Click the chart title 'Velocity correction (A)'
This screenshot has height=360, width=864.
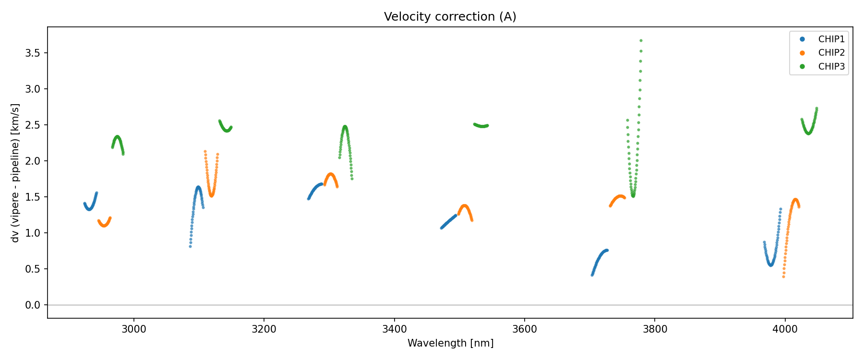(x=450, y=17)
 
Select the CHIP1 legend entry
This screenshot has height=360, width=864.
(x=831, y=39)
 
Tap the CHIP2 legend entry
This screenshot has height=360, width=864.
(x=831, y=53)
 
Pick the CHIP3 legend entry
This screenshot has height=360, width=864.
(x=831, y=67)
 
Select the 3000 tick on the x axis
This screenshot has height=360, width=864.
(x=133, y=329)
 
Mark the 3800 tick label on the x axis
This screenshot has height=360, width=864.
(x=655, y=329)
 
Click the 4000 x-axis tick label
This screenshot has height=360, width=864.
(x=785, y=329)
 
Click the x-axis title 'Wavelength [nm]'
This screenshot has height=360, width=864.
(x=450, y=343)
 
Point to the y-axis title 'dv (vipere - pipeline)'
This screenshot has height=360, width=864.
(x=15, y=173)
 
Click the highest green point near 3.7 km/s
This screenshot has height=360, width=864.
(x=641, y=41)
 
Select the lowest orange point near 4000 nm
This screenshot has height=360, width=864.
(x=783, y=276)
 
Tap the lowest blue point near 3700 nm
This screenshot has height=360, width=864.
(x=592, y=275)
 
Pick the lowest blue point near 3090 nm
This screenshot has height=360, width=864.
(x=190, y=246)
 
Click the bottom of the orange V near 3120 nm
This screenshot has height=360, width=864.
(x=211, y=195)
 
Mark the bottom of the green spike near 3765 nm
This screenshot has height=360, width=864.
(x=633, y=196)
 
